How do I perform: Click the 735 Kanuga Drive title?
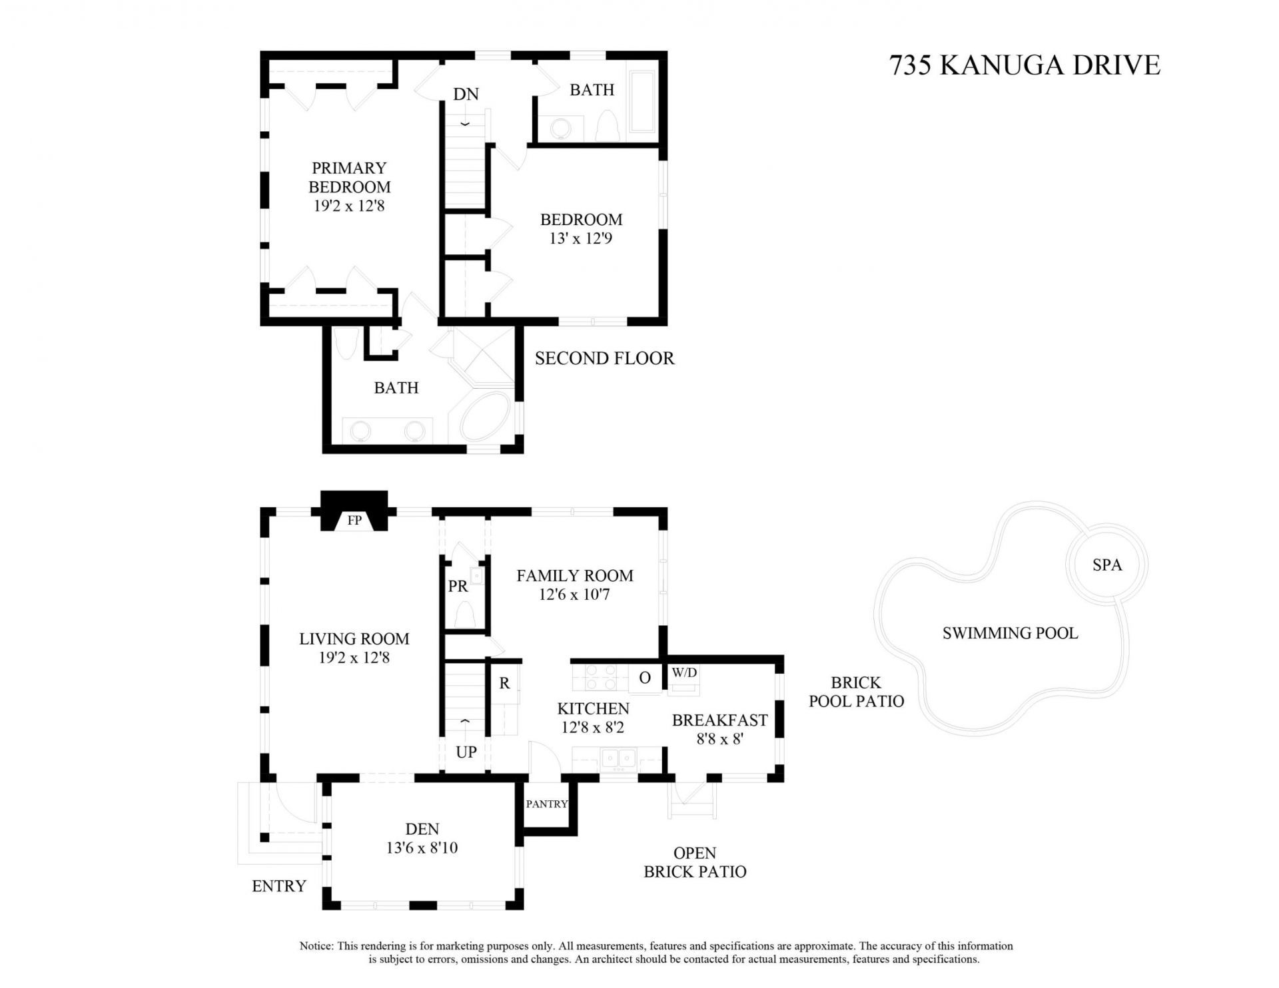[x=1025, y=65]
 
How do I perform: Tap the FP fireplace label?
[x=354, y=521]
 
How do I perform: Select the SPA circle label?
[x=1107, y=565]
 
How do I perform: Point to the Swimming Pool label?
[x=1010, y=633]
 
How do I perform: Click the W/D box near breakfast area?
[x=684, y=673]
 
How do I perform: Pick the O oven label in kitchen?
[x=644, y=678]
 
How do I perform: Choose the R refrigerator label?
[x=505, y=683]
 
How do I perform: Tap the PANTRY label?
[x=546, y=804]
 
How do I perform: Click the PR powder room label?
[x=458, y=587]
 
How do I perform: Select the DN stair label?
[x=466, y=95]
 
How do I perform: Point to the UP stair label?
[x=466, y=752]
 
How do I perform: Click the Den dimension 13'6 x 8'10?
[x=422, y=848]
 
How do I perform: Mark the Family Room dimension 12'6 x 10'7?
[x=574, y=595]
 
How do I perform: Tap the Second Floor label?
[x=604, y=359]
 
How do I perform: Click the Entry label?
[x=279, y=886]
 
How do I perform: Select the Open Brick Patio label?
[x=695, y=862]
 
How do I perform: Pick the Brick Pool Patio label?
[x=856, y=692]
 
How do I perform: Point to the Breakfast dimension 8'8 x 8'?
[x=719, y=739]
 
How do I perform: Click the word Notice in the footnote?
[x=316, y=946]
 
